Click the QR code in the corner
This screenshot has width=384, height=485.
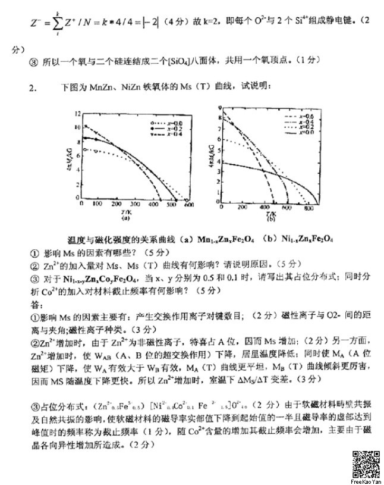[x=364, y=462]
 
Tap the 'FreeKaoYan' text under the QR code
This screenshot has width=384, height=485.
[x=364, y=480]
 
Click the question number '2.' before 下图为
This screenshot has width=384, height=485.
[x=34, y=89]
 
